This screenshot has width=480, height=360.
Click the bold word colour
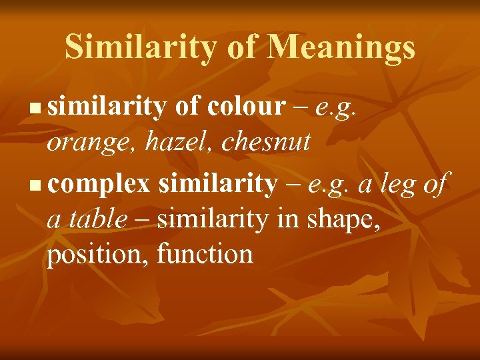[246, 105]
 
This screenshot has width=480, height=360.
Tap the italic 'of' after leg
[438, 183]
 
